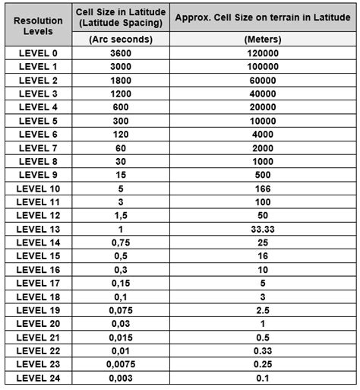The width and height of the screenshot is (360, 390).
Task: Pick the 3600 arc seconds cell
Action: (121, 53)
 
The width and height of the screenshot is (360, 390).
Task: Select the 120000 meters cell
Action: (262, 53)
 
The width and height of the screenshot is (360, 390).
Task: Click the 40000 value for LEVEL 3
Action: (262, 94)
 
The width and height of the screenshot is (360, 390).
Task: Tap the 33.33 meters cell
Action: (262, 229)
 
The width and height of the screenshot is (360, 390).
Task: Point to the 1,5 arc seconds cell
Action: (121, 215)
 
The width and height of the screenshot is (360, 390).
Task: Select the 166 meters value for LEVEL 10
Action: (262, 188)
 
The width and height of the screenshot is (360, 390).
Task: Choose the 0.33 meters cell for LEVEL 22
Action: (262, 350)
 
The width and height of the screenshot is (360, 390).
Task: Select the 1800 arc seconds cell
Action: (121, 80)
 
